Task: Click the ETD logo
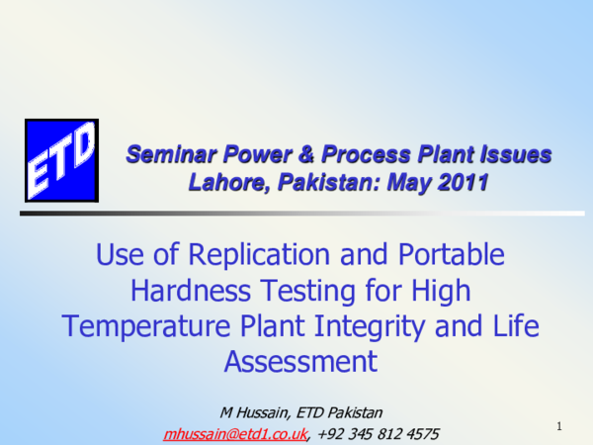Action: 61,158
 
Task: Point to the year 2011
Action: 464,182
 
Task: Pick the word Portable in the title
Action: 451,256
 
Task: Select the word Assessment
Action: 300,361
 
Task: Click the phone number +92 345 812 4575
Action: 378,433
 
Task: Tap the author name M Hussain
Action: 249,411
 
